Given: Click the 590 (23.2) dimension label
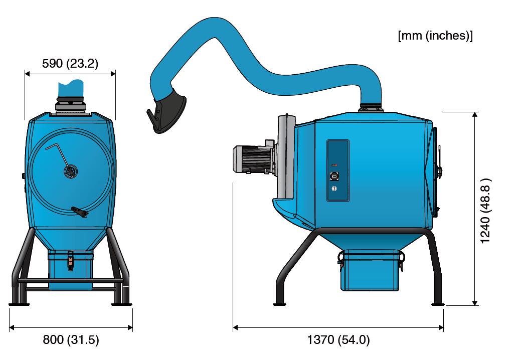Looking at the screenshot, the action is tap(70, 63).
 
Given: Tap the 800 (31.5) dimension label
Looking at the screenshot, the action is tap(71, 339).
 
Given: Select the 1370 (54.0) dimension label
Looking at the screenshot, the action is tap(338, 339).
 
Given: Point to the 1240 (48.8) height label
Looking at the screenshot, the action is tap(485, 211).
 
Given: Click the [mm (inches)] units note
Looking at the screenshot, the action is tap(435, 36).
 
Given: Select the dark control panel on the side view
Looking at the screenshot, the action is tap(338, 170).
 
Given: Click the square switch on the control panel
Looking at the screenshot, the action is tap(334, 176).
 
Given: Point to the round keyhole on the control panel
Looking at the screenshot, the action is tap(334, 189).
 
